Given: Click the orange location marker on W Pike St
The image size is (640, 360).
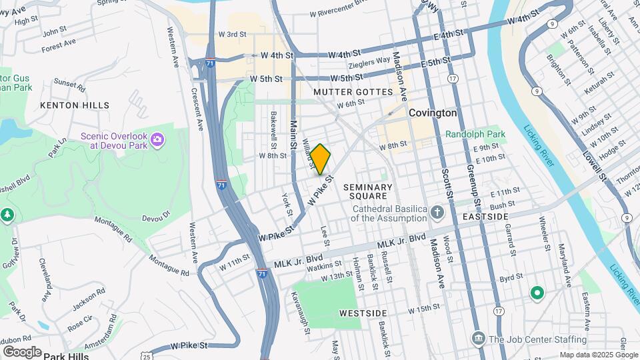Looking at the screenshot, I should [x=321, y=159].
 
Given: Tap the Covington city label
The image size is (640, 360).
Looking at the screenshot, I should [x=433, y=113].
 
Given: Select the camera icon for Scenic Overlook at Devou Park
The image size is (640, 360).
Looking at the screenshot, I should [x=157, y=139].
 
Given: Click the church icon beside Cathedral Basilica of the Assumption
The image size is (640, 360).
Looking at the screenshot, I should [x=437, y=213].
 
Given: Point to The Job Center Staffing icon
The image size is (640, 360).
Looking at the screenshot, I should [x=478, y=339].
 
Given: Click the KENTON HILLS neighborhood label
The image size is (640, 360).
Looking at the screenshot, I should [x=75, y=105].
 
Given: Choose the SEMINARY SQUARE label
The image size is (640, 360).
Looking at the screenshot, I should [x=368, y=192].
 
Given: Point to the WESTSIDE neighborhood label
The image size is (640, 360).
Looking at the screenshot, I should [x=363, y=312].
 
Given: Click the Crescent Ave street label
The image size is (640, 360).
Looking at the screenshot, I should [x=197, y=108].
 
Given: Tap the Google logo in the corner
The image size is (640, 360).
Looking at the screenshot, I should [x=22, y=351].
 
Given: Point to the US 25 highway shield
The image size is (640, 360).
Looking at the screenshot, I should [x=145, y=355].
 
